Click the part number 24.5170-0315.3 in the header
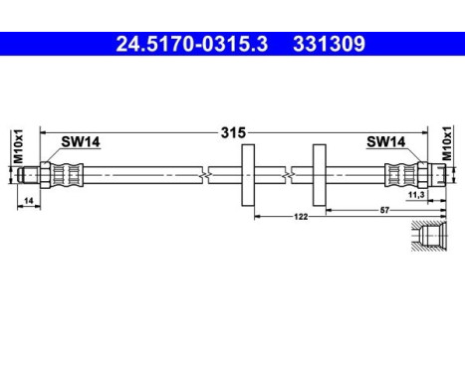pyautogui.click(x=185, y=44)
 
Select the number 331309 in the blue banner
pyautogui.click(x=330, y=44)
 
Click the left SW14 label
pyautogui.click(x=81, y=142)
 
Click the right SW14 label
pyautogui.click(x=384, y=142)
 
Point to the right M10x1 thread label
pyautogui.click(x=448, y=146)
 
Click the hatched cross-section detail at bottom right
pyautogui.click(x=433, y=239)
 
